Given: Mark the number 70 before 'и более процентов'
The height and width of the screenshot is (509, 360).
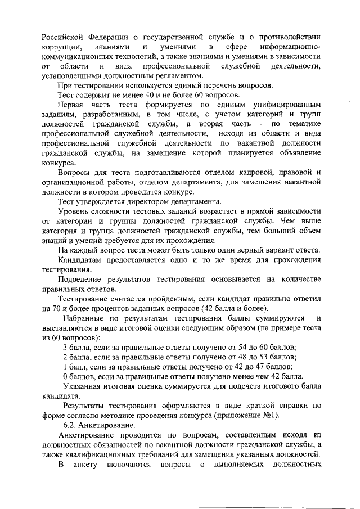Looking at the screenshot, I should click(x=62, y=309).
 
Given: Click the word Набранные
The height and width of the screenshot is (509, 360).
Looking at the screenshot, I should click(x=83, y=318).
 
